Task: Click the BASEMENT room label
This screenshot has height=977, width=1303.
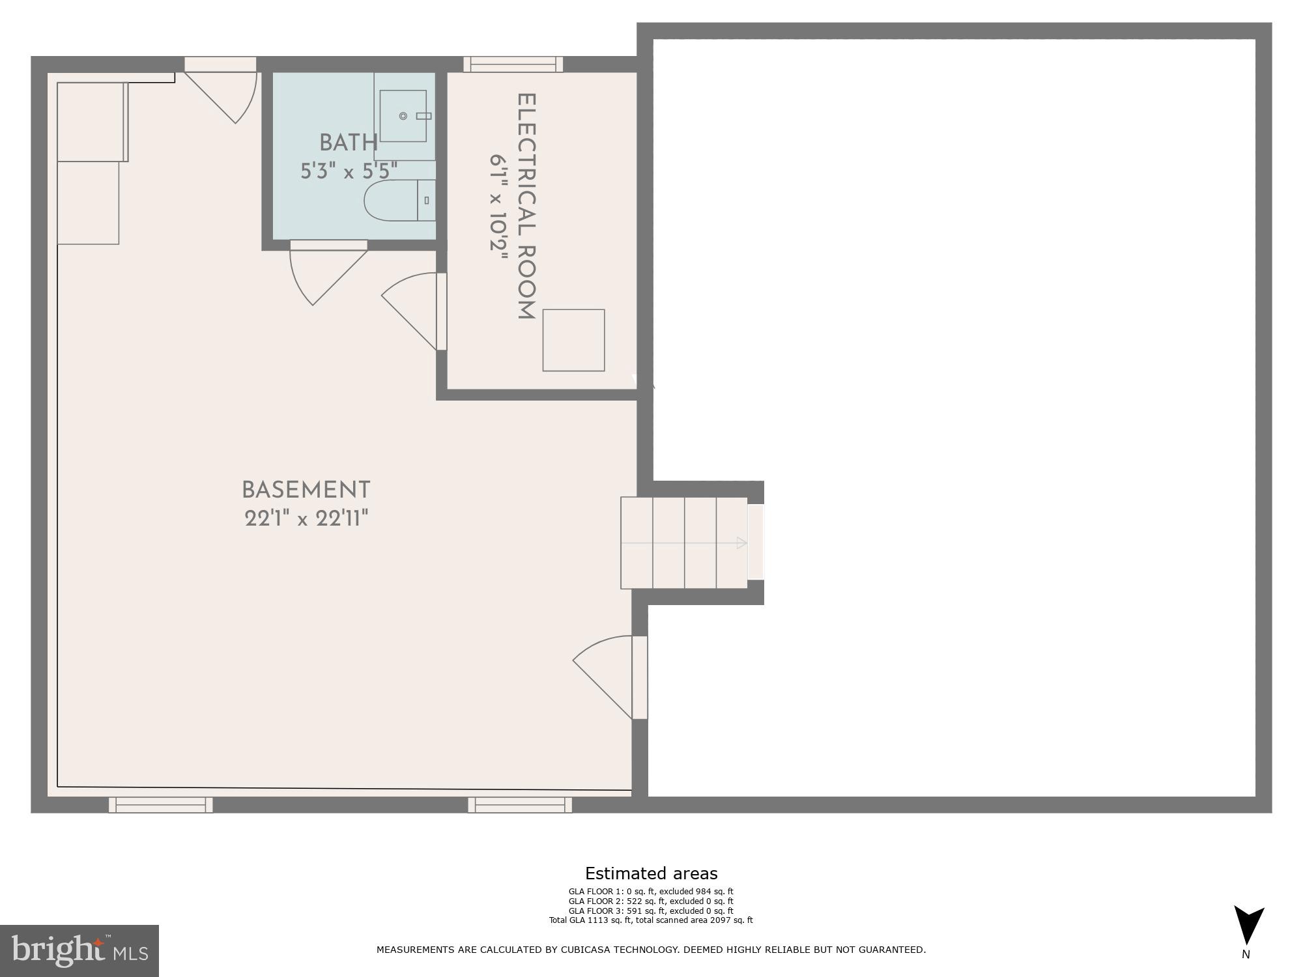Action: click(x=306, y=490)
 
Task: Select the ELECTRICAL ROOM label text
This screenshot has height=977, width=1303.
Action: click(x=526, y=206)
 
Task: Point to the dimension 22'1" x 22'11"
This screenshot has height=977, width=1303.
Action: click(x=306, y=519)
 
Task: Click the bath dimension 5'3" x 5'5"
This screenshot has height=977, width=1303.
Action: click(x=349, y=171)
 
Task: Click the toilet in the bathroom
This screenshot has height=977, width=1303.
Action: click(x=399, y=200)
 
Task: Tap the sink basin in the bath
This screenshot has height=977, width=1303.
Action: click(x=403, y=116)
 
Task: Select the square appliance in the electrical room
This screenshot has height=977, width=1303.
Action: click(x=573, y=340)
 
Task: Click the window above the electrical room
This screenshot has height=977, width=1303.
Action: click(x=513, y=64)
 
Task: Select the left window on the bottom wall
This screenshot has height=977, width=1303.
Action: click(x=160, y=805)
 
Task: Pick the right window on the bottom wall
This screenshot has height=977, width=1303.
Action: click(x=519, y=805)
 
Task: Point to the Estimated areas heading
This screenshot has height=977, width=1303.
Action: click(x=651, y=873)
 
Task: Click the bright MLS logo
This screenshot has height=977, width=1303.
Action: click(x=79, y=951)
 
